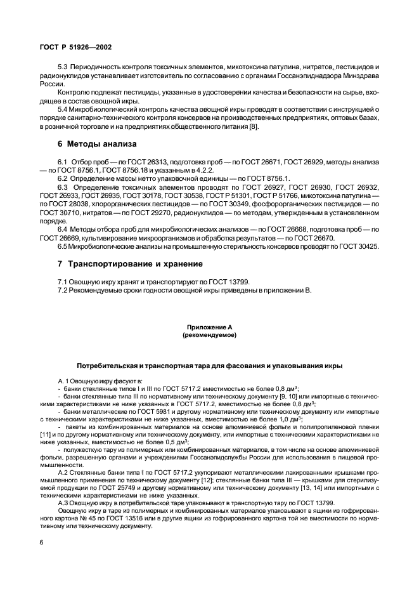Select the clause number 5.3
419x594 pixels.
click(x=63, y=67)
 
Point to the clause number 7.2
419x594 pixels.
click(x=63, y=291)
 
